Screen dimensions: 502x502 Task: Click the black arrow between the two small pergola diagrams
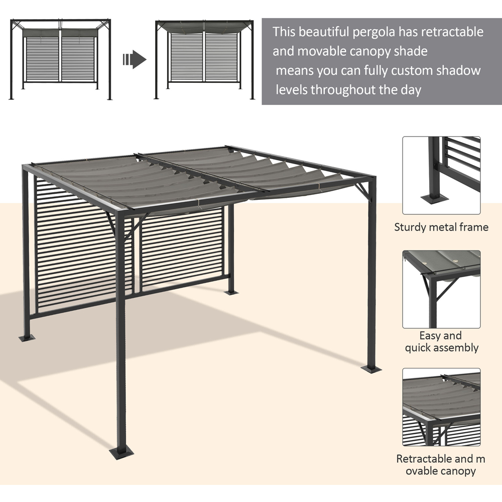pyautogui.click(x=134, y=60)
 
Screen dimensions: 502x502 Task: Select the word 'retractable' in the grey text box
pyautogui.click(x=452, y=32)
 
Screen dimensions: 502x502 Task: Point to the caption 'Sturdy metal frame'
pyautogui.click(x=441, y=227)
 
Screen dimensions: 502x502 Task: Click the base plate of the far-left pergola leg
pyautogui.click(x=27, y=336)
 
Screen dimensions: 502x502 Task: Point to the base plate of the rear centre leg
pyautogui.click(x=232, y=291)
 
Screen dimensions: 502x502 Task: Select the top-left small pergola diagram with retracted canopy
pyautogui.click(x=61, y=59)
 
